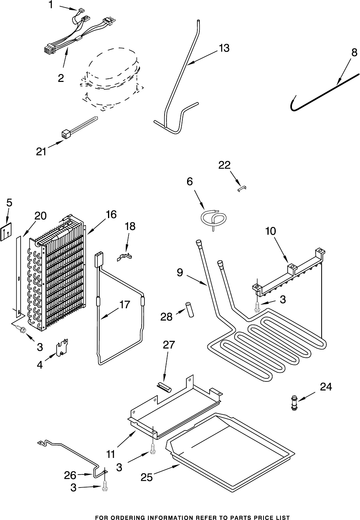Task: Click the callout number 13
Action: [224, 48]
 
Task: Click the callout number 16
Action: [111, 214]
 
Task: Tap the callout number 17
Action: [124, 305]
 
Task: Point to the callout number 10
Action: [270, 231]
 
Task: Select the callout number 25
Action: [147, 477]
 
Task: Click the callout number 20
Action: [40, 216]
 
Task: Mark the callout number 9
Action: [180, 273]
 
